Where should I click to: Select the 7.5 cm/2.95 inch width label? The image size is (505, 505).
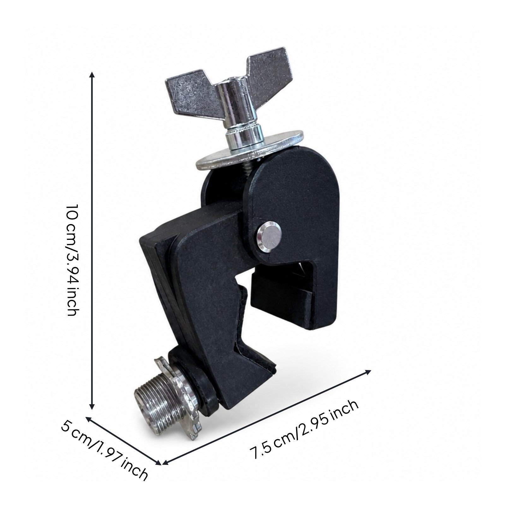click(x=304, y=429)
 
